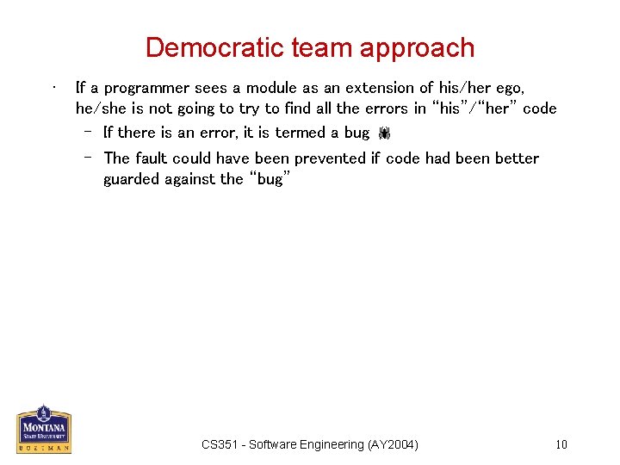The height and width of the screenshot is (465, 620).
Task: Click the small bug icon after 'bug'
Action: coord(384,133)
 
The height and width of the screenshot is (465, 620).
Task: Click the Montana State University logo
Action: coord(43,428)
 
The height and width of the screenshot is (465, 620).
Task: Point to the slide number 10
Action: coord(561,444)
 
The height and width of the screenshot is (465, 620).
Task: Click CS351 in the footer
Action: coord(220,444)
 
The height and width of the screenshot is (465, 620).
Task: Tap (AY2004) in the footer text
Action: coord(393,444)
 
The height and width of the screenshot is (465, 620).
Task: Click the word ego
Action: coord(509,89)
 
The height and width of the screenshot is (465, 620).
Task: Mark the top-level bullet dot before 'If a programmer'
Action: coord(53,86)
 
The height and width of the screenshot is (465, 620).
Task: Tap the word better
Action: coord(512,158)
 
